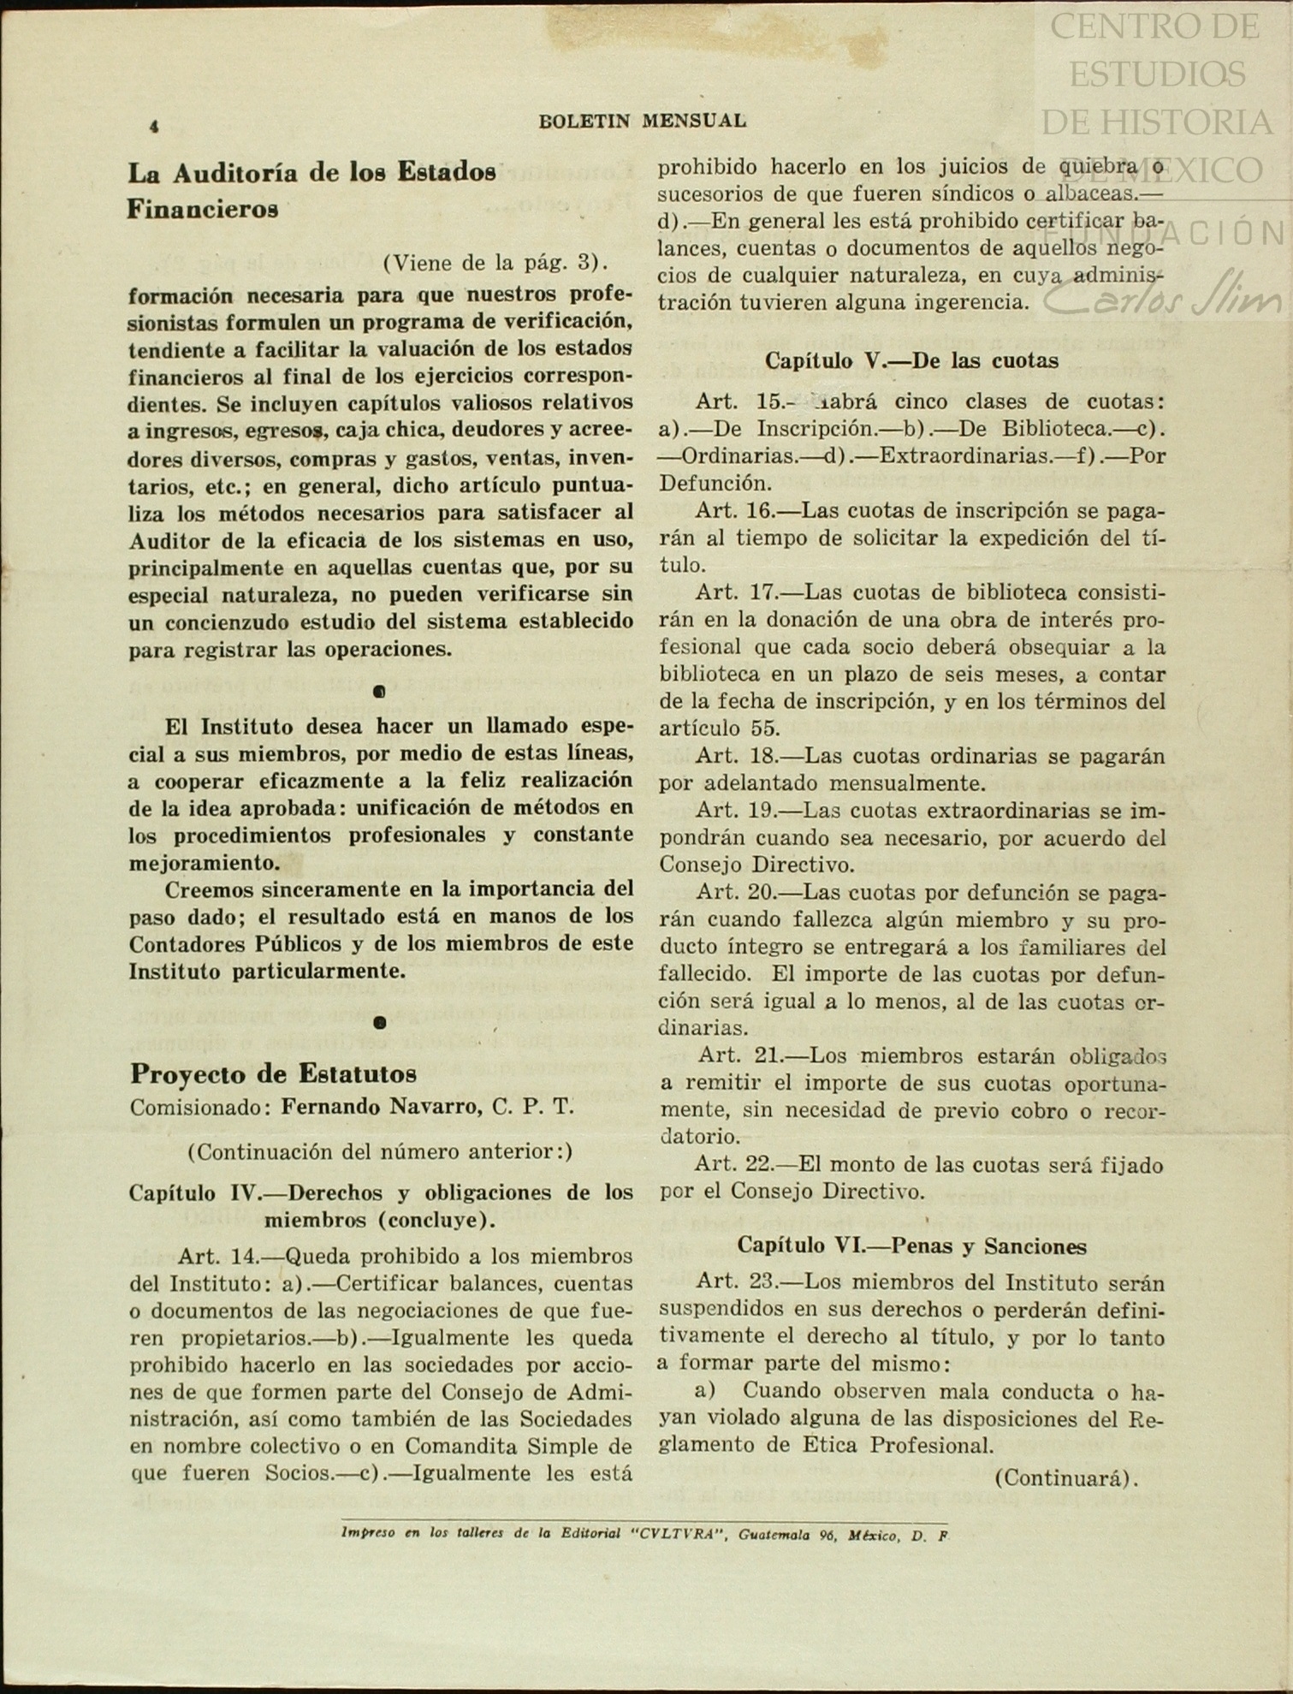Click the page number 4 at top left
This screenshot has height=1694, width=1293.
[154, 127]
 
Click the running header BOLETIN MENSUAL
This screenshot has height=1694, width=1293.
[642, 121]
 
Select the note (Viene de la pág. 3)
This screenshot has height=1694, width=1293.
[495, 262]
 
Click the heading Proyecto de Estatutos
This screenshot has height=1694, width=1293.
[273, 1073]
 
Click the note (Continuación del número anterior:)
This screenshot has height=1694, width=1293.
[380, 1151]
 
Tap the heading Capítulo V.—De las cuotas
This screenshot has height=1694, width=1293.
[911, 360]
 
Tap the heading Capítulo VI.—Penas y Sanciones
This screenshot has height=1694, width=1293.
[911, 1245]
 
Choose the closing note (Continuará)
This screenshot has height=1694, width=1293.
[1066, 1477]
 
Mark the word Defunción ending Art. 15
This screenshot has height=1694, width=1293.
[715, 483]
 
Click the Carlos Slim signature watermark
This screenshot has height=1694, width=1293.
[1164, 296]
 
